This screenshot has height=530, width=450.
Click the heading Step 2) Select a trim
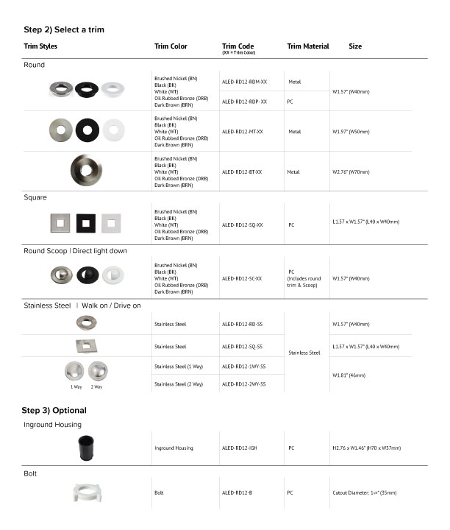pos(64,29)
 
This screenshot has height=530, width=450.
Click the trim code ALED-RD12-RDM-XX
pos(244,82)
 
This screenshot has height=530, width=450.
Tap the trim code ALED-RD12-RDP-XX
pos(244,102)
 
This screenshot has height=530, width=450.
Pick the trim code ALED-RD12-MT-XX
pos(242,131)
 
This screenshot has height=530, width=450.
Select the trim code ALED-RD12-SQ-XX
pos(242,225)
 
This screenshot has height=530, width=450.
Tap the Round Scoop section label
pos(75,251)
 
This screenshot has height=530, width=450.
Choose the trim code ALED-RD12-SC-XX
pos(242,278)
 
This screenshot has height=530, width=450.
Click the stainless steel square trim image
pos(85,345)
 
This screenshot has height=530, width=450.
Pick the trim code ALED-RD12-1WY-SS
pos(243,366)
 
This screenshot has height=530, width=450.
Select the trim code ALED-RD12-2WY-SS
pos(243,384)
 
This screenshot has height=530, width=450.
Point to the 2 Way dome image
pos(98,370)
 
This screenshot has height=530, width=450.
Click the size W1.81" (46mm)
pos(349,375)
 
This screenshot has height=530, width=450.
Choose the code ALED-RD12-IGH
pos(238,448)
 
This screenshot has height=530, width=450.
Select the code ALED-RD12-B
pos(236,492)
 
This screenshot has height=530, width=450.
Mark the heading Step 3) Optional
pos(54,410)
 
